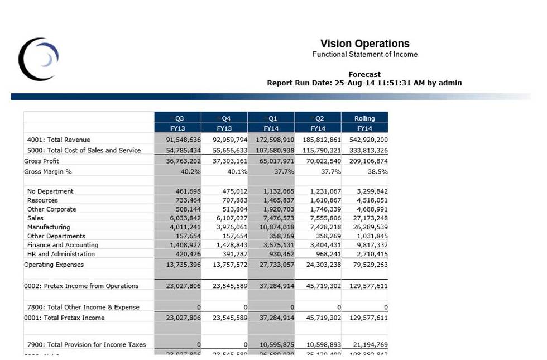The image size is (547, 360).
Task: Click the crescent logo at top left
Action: pyautogui.click(x=38, y=59)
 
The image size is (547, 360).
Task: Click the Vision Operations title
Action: pyautogui.click(x=364, y=44)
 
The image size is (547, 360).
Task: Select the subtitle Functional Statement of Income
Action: pyautogui.click(x=364, y=55)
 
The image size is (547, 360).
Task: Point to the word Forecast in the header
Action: pyautogui.click(x=364, y=74)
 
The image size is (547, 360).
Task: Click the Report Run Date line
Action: pyautogui.click(x=364, y=83)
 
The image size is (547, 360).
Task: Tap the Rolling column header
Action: pyautogui.click(x=364, y=118)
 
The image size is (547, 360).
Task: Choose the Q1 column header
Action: pyautogui.click(x=272, y=118)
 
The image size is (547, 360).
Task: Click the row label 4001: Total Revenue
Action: pyautogui.click(x=59, y=140)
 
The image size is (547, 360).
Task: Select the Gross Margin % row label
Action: pyautogui.click(x=48, y=172)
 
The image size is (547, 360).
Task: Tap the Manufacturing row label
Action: pyautogui.click(x=49, y=227)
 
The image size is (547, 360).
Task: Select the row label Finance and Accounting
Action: pyautogui.click(x=63, y=245)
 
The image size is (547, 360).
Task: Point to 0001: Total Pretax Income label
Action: pyautogui.click(x=64, y=318)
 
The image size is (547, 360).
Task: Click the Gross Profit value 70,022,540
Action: pyautogui.click(x=322, y=161)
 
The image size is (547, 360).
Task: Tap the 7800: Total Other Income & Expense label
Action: pyautogui.click(x=83, y=307)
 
